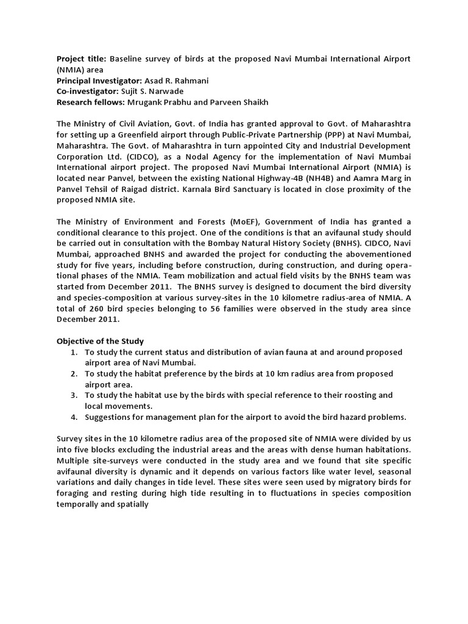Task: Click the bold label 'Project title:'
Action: tap(82, 58)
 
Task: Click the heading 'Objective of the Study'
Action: tap(100, 341)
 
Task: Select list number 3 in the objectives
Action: tap(73, 395)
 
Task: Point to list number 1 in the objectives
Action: tap(73, 352)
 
